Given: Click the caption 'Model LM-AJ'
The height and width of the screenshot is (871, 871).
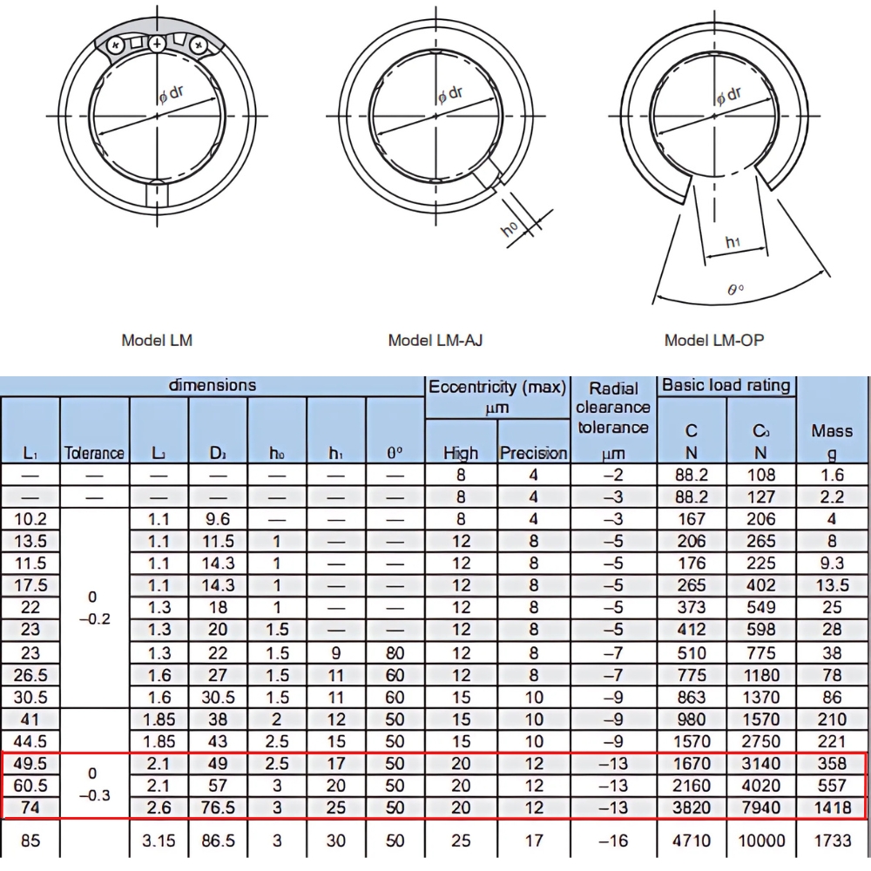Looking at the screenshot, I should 435,341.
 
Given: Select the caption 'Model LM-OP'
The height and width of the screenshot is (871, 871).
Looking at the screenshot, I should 713,341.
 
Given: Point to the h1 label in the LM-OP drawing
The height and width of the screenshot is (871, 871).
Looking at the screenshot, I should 733,243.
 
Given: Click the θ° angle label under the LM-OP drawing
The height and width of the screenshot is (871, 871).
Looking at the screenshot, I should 735,289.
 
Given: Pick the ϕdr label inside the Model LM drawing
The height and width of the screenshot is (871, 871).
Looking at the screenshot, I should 171,95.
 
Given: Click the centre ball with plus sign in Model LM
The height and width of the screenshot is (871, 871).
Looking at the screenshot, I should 157,43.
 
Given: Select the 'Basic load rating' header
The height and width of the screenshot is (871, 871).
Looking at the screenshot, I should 726,385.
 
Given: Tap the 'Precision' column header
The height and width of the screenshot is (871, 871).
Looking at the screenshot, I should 533,453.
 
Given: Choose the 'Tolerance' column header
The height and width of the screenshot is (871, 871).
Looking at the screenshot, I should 94,453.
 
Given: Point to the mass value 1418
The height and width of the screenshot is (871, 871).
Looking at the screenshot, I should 832,807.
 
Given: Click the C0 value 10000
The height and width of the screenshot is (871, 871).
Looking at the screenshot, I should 760,841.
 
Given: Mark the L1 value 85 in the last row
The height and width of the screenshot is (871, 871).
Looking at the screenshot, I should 30,841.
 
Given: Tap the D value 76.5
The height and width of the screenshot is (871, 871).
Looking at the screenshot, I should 218,807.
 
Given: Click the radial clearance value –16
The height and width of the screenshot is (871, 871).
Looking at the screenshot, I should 613,841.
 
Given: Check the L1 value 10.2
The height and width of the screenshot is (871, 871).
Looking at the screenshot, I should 30,519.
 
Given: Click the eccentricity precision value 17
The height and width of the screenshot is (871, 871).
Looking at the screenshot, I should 533,841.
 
